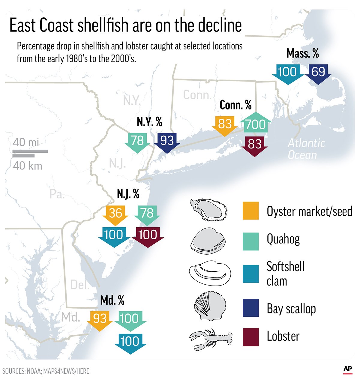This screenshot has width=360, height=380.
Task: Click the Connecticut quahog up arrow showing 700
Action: click(256, 124)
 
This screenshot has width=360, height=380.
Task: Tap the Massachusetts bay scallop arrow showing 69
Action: click(318, 73)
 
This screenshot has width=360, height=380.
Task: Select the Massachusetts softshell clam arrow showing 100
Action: click(287, 73)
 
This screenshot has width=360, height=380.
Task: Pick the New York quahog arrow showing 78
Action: click(137, 141)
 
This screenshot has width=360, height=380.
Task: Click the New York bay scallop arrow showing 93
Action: click(167, 141)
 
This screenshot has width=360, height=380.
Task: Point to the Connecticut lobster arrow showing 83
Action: click(254, 145)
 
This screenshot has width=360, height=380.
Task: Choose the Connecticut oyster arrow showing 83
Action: click(225, 124)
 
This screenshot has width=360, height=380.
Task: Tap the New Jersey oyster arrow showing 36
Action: click(115, 214)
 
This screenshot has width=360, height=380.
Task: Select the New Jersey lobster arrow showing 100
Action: click(148, 236)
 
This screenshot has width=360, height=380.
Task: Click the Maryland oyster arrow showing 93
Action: click(100, 319)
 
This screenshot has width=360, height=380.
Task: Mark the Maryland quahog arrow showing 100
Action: click(130, 319)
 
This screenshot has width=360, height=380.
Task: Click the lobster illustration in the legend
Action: click(211, 339)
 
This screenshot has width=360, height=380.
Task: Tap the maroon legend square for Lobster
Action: click(250, 337)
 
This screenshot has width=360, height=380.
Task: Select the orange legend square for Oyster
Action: click(250, 211)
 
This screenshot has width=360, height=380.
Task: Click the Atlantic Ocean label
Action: click(306, 149)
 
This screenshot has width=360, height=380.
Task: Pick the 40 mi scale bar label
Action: click(26, 142)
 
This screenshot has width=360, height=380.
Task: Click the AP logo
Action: click(347, 369)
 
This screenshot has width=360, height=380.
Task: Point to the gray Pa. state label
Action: click(57, 194)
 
